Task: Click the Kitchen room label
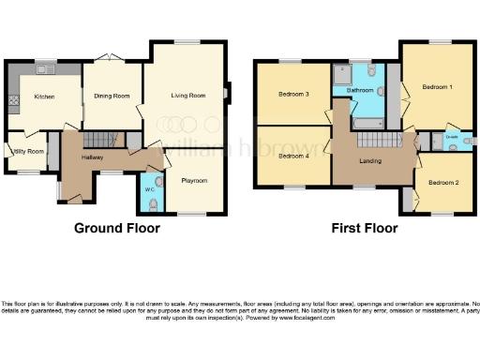point(44,97)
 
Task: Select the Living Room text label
point(187,95)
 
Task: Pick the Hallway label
point(92,157)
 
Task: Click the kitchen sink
point(43,70)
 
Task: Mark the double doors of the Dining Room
point(112,59)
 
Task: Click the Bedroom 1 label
point(437,87)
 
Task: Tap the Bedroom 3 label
point(293,94)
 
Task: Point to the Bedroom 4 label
point(293,156)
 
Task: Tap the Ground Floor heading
point(116,228)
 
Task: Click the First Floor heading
point(365,228)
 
